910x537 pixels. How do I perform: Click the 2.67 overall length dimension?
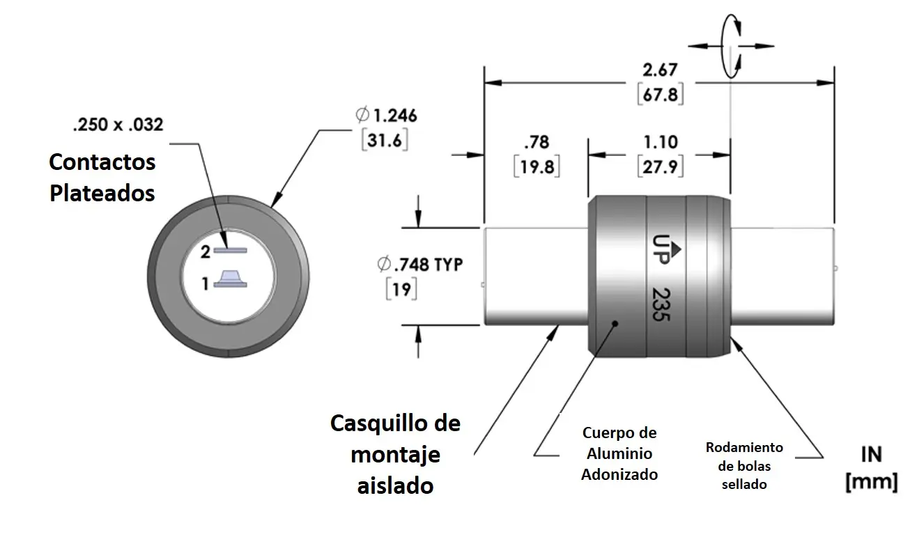pyautogui.click(x=660, y=70)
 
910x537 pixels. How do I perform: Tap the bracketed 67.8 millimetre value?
pyautogui.click(x=660, y=95)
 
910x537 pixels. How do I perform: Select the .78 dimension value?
pyautogui.click(x=537, y=143)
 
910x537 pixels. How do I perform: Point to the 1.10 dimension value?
pyautogui.click(x=660, y=142)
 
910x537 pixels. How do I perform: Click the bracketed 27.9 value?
pyautogui.click(x=660, y=167)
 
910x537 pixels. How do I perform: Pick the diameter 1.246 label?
pyautogui.click(x=386, y=115)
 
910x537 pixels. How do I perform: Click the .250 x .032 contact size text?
pyautogui.click(x=118, y=125)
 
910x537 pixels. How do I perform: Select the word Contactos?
pyautogui.click(x=102, y=162)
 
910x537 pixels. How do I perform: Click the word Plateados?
pyautogui.click(x=102, y=193)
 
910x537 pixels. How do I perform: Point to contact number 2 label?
pyautogui.click(x=206, y=253)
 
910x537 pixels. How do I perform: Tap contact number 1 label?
pyautogui.click(x=206, y=283)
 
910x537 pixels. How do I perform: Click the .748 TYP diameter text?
pyautogui.click(x=419, y=265)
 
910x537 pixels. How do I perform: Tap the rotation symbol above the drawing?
pyautogui.click(x=730, y=45)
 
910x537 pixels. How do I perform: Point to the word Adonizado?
pyautogui.click(x=619, y=474)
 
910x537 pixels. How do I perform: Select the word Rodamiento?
pyautogui.click(x=744, y=447)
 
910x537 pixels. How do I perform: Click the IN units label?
pyautogui.click(x=871, y=455)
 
